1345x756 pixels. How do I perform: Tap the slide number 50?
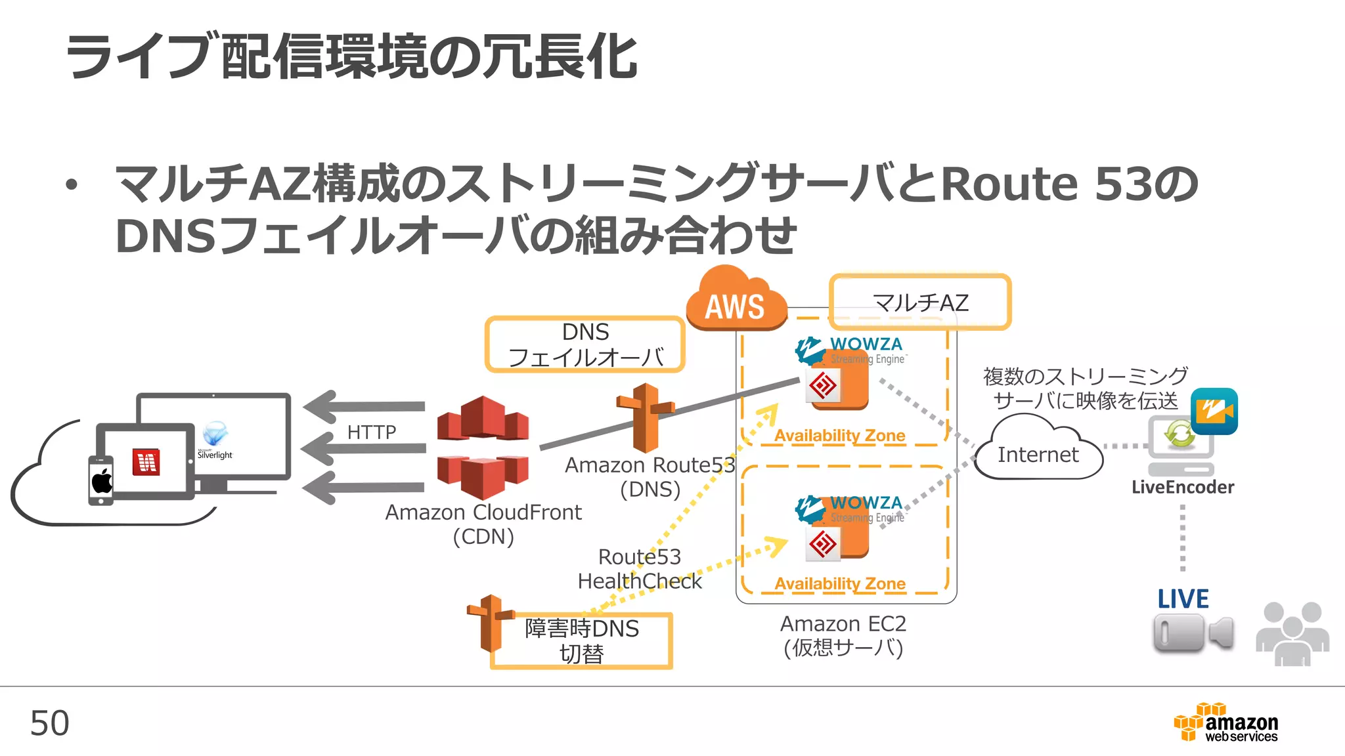[x=49, y=723]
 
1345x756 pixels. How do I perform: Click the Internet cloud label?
[x=1038, y=454]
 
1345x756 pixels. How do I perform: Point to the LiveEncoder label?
[x=1182, y=487]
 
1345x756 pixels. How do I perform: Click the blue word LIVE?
[x=1183, y=598]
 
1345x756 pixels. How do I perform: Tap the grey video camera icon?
[x=1193, y=633]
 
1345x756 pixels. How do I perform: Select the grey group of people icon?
[x=1292, y=633]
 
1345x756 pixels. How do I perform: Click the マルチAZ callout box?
[x=919, y=302]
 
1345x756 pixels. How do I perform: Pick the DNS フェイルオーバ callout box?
[x=585, y=345]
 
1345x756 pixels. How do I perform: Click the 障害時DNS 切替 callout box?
[x=582, y=640]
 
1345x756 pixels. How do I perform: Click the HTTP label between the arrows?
[x=372, y=432]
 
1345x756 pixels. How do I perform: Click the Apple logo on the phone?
[x=102, y=481]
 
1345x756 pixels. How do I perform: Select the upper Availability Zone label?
[x=839, y=435]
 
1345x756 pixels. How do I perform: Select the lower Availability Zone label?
[x=839, y=583]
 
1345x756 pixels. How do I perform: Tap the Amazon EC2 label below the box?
[x=843, y=623]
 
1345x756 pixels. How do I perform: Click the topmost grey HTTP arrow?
[x=364, y=407]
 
